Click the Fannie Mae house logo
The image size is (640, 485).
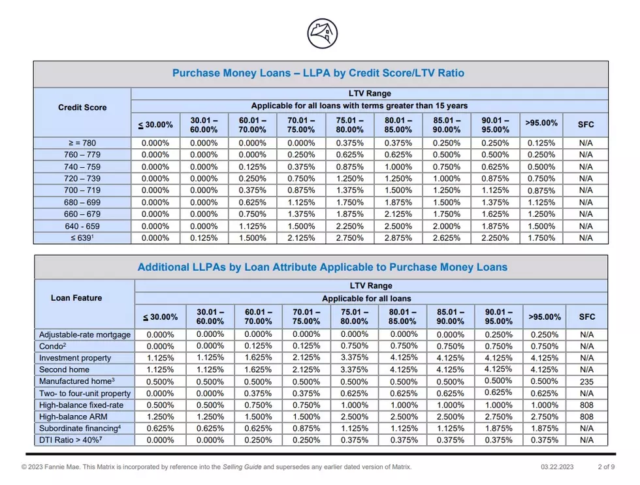323,33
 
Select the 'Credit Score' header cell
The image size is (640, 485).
82,107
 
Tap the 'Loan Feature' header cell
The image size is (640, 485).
76,298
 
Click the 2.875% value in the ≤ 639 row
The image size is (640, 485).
398,238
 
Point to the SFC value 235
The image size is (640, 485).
586,382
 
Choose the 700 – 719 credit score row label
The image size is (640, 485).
82,190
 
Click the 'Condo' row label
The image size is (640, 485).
53,347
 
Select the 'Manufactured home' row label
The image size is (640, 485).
77,381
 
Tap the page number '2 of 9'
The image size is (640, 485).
606,467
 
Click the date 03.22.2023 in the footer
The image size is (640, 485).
557,467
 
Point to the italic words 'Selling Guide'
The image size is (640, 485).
242,467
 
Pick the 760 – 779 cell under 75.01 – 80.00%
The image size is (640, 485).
349,155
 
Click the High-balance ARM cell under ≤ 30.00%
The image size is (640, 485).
160,417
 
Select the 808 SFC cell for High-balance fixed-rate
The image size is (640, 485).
586,405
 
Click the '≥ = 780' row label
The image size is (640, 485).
82,143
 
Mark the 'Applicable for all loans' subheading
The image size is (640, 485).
366,298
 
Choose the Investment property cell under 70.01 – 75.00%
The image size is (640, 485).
306,358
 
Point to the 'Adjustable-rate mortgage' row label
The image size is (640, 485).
85,335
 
